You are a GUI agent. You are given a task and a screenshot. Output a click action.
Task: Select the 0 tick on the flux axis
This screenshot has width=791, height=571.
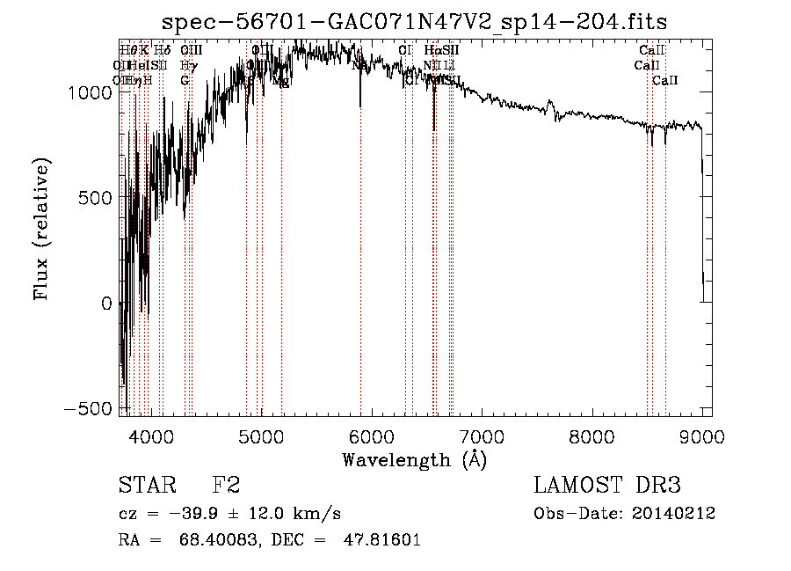pos(105,304)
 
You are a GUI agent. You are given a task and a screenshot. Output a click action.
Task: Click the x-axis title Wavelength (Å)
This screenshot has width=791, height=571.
pos(414,459)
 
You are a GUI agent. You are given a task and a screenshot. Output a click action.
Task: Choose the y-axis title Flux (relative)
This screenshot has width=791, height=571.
pos(41,228)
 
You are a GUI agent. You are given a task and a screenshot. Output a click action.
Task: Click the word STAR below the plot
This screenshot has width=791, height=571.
pos(147,487)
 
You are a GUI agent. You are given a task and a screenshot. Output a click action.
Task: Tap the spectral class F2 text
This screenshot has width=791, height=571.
pos(226,487)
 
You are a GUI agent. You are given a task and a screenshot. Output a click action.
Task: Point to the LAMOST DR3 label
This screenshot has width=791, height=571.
pos(607,487)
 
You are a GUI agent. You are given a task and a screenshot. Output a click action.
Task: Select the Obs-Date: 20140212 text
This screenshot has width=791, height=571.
pos(624,514)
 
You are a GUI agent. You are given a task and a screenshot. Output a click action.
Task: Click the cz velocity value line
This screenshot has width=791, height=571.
pos(229,514)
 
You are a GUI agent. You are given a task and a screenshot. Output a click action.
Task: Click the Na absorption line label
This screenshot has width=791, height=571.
pos(359,65)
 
